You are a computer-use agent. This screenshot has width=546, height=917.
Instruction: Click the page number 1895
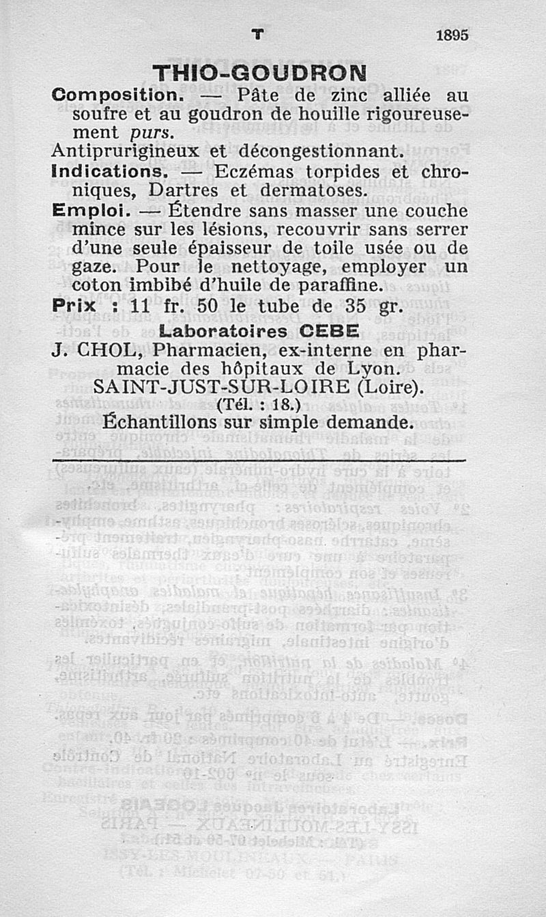click(452, 35)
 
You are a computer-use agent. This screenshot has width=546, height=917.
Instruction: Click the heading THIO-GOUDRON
click(259, 73)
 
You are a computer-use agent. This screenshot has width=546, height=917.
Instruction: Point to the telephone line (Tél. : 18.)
click(259, 405)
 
